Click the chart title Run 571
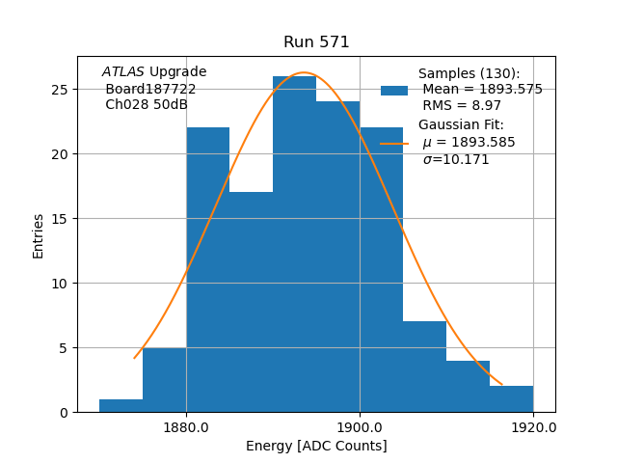pyautogui.click(x=316, y=42)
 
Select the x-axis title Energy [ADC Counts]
pyautogui.click(x=316, y=446)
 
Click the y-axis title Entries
pyautogui.click(x=39, y=235)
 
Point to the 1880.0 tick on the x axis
pyautogui.click(x=186, y=426)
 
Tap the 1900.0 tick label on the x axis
pyautogui.click(x=360, y=426)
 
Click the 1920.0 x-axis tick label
pyautogui.click(x=533, y=426)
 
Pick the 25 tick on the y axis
pyautogui.click(x=60, y=90)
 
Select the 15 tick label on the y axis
pyautogui.click(x=60, y=219)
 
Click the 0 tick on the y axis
pyautogui.click(x=64, y=413)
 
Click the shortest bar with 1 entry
pyautogui.click(x=121, y=406)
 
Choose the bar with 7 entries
pyautogui.click(x=424, y=367)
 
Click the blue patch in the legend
pyautogui.click(x=394, y=91)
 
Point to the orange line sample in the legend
pyautogui.click(x=394, y=143)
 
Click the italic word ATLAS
pyautogui.click(x=122, y=72)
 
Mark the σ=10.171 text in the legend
pyautogui.click(x=455, y=159)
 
